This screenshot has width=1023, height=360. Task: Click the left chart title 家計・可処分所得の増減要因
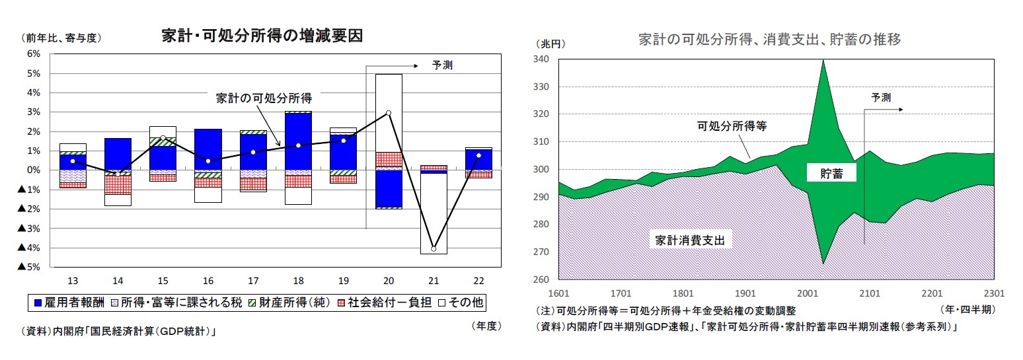click(262, 36)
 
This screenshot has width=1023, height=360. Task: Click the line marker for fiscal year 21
click(434, 248)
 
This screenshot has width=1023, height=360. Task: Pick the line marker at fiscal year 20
click(389, 113)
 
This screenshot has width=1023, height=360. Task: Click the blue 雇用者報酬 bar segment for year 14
click(118, 154)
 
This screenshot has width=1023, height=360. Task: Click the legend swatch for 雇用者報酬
click(39, 303)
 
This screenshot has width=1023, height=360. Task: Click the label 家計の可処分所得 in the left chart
click(264, 98)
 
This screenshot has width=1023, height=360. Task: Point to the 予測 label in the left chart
click(443, 65)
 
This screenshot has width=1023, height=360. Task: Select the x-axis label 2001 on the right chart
click(808, 293)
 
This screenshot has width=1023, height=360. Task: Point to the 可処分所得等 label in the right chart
click(731, 125)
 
